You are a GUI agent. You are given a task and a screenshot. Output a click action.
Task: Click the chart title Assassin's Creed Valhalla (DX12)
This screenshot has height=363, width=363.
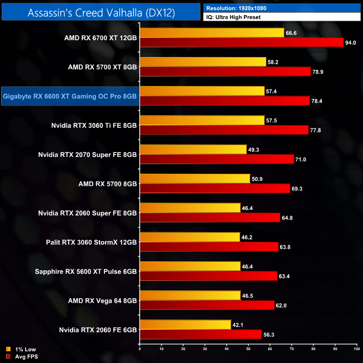tap(101, 13)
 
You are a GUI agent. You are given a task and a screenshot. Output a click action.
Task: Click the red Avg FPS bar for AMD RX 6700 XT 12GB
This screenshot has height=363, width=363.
tap(241, 42)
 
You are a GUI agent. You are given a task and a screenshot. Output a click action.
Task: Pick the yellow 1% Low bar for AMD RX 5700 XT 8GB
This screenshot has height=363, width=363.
tap(203, 62)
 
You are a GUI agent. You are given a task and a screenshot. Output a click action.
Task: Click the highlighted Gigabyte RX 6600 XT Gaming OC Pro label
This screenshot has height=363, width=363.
tap(70, 96)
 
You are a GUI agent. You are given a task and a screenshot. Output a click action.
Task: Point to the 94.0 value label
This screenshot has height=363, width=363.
tap(351, 42)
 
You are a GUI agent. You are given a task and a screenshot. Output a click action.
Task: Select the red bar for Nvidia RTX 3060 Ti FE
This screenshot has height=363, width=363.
tap(223, 130)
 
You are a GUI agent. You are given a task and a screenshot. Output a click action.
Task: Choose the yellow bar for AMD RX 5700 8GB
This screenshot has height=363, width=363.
tap(195, 178)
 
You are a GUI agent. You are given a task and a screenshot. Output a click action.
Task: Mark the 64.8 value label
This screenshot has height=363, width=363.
tap(289, 217)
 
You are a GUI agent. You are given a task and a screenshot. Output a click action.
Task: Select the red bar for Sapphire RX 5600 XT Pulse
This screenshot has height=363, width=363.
tap(208, 275)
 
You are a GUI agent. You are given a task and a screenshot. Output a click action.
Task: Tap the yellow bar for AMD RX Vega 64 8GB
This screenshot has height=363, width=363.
tap(190, 295)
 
